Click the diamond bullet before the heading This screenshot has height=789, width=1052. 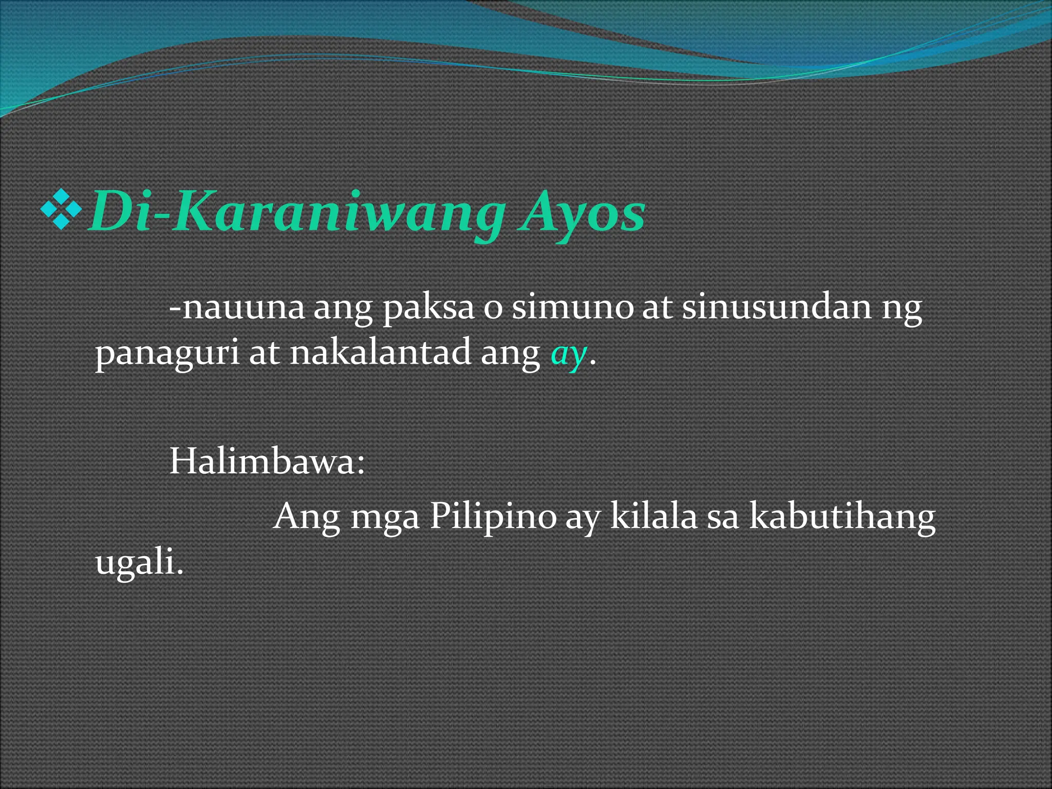[61, 209]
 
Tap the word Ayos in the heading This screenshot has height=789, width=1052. [582, 212]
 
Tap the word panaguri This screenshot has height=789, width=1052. [167, 354]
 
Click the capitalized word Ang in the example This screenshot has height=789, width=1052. [307, 517]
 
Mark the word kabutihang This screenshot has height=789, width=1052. [842, 517]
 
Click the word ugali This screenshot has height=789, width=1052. [139, 563]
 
